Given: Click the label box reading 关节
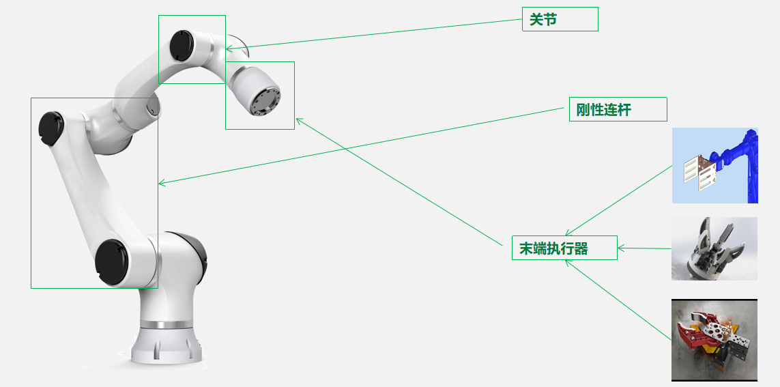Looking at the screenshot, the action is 560,19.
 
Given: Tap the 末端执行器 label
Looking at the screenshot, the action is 564,248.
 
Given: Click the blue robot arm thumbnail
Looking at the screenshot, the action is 714,165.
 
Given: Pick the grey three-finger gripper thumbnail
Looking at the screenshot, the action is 714,248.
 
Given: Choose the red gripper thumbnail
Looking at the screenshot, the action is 714,340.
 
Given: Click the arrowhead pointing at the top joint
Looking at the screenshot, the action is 229,48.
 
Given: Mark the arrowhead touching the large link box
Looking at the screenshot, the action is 162,183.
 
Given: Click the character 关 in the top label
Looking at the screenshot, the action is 536,20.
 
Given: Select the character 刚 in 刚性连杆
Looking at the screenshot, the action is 583,110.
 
